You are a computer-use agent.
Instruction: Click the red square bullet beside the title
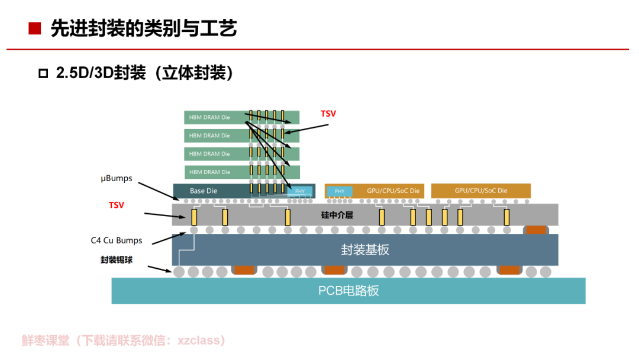tap(35, 28)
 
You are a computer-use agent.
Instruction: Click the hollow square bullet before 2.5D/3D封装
tap(43, 73)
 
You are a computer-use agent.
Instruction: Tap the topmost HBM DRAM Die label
tap(209, 117)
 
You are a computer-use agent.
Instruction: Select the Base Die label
tap(204, 191)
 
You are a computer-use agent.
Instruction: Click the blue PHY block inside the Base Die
tap(300, 191)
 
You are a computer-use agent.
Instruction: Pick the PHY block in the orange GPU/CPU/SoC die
tap(340, 191)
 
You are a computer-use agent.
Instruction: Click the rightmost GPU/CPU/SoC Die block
tap(481, 191)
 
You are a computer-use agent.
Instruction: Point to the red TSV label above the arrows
tap(328, 114)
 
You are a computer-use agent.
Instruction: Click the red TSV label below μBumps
tap(116, 205)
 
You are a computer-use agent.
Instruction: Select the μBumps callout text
tap(117, 179)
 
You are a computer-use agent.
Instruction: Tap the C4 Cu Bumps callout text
tap(117, 240)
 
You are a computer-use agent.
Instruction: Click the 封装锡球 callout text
tap(117, 260)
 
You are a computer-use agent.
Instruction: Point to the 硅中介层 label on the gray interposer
tap(337, 215)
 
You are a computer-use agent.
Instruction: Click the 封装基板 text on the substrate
tap(365, 249)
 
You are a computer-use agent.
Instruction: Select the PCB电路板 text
tap(348, 291)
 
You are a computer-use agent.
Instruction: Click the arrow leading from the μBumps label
tap(159, 191)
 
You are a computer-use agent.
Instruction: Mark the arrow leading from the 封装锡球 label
tap(160, 269)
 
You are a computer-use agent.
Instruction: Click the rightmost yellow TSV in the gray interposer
tap(506, 217)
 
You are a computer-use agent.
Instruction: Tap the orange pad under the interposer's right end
tap(536, 230)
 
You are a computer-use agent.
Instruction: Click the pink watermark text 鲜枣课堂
tap(46, 340)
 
